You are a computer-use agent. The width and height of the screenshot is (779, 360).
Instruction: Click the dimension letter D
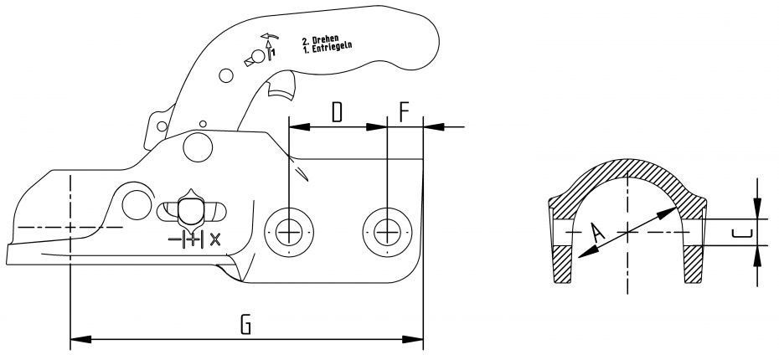336,112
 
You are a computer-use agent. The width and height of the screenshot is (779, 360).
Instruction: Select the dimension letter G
245,324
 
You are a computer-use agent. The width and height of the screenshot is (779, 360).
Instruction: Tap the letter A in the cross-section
596,233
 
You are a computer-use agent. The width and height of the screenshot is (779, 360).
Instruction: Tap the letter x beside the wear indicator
215,239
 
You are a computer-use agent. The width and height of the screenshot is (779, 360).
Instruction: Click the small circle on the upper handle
225,76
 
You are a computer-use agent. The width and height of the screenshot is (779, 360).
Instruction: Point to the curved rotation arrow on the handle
270,37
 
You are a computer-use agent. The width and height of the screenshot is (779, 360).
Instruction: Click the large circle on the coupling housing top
199,147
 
